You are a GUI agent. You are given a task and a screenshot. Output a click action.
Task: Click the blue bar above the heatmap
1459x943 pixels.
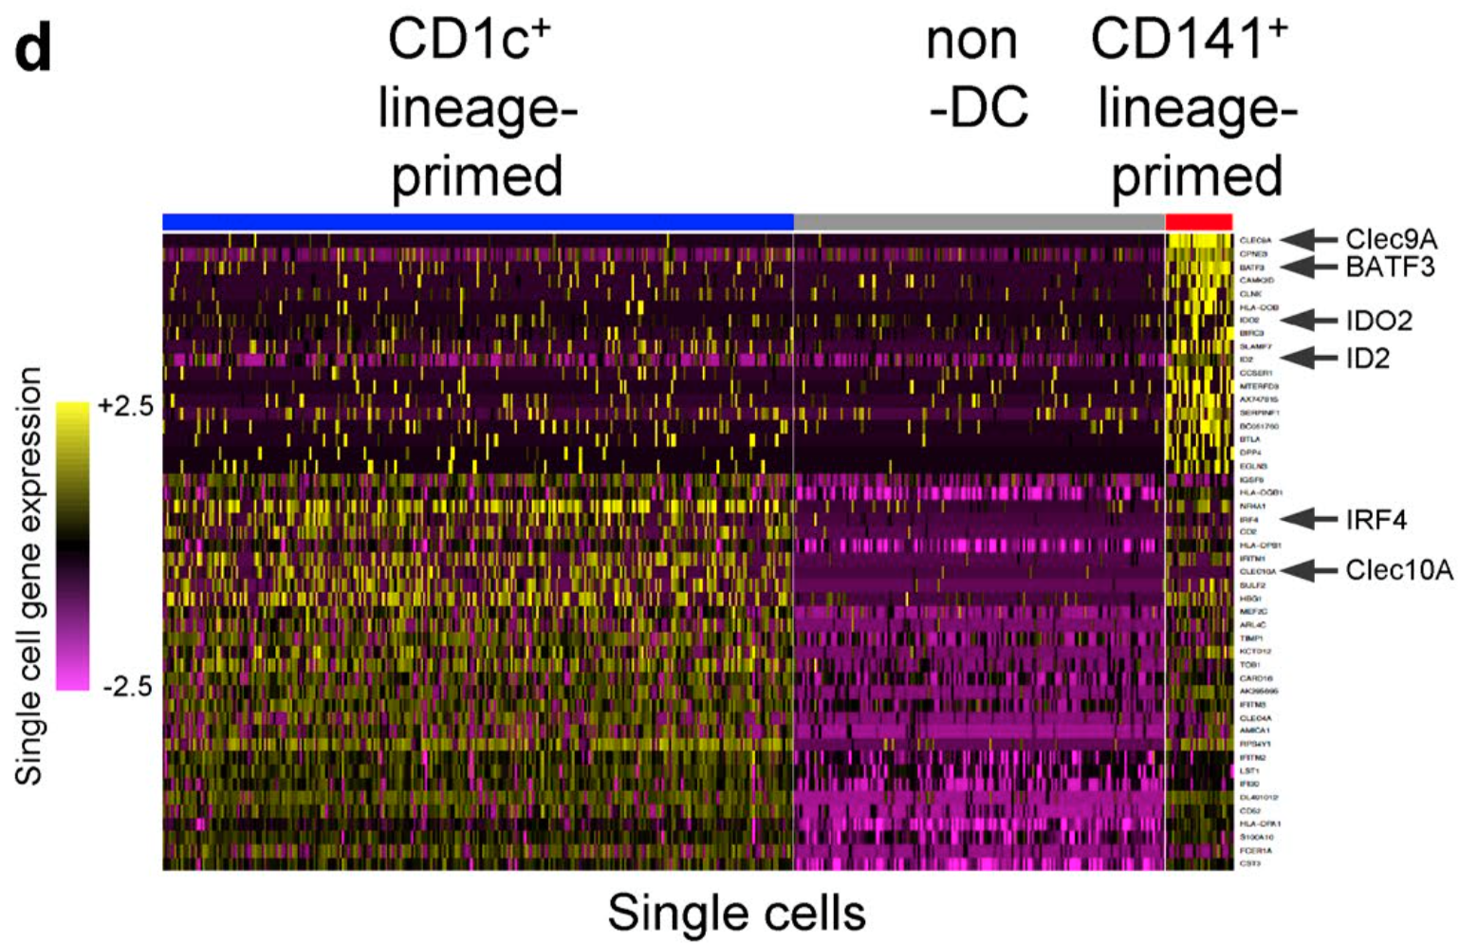[477, 221]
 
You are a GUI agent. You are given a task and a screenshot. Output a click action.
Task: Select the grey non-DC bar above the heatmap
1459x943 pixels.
[978, 221]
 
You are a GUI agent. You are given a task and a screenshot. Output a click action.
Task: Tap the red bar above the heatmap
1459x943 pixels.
[1198, 221]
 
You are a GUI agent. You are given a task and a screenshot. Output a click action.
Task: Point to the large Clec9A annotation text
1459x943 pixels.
[1391, 240]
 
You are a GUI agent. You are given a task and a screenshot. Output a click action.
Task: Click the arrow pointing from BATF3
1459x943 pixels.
[1309, 267]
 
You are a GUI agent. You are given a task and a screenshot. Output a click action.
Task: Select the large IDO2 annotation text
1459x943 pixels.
[1378, 321]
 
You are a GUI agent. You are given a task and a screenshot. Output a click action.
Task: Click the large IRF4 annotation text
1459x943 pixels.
[1376, 520]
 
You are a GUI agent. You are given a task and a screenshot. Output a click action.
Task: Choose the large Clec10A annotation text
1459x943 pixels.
[1398, 570]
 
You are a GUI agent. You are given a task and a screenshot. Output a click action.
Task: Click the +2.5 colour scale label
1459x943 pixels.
[124, 406]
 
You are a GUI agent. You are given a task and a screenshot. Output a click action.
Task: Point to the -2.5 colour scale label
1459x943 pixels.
[126, 686]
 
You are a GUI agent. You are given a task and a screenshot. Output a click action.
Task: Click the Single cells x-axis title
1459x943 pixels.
[736, 913]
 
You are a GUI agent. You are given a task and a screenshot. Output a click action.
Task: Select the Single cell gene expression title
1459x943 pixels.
[29, 576]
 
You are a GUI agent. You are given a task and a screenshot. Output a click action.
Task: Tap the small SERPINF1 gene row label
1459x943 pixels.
[1259, 414]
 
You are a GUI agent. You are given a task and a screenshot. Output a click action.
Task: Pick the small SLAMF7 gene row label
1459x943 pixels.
[1255, 346]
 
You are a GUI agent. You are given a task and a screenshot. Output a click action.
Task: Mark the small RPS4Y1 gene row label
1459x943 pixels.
[1254, 745]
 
